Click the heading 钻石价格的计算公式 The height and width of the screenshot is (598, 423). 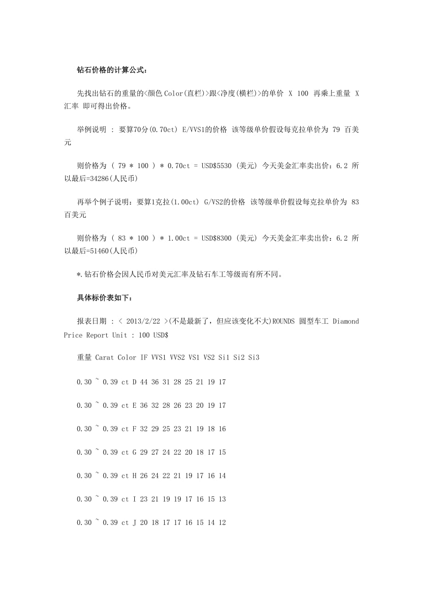coord(112,70)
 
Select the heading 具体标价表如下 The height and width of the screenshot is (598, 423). coord(105,298)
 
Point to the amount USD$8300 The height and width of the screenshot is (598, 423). coord(217,238)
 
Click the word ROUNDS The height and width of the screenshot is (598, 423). coord(283,322)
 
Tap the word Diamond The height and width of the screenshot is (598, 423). coord(345,322)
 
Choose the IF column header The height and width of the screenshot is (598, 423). coord(144,357)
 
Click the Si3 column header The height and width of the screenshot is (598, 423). coord(254,357)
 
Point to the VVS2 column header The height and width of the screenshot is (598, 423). coord(177,357)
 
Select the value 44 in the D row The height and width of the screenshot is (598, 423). coord(144,382)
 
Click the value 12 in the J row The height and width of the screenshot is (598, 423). coord(222,523)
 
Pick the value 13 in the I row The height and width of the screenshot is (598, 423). coord(222,499)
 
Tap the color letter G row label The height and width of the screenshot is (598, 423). coord(134,452)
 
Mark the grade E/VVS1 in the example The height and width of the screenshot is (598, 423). coord(193,130)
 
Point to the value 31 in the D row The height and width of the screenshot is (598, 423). coord(166,382)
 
